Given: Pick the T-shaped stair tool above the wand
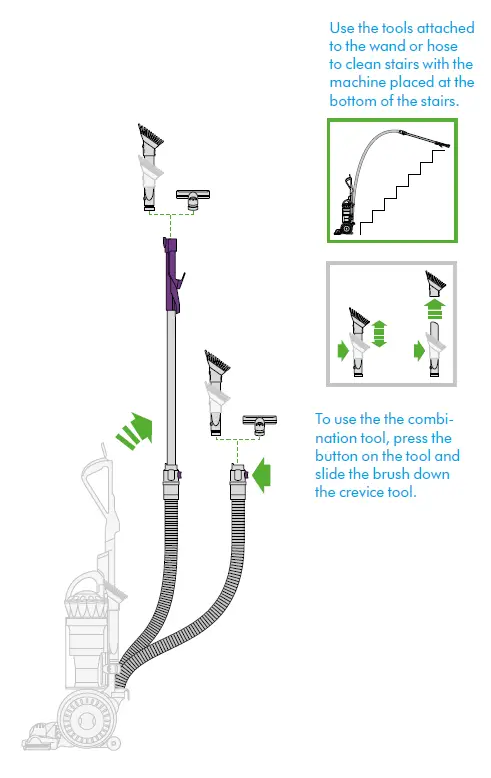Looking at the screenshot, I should [189, 198].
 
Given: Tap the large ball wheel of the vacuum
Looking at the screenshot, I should [88, 720].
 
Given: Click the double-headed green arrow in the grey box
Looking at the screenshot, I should [379, 332].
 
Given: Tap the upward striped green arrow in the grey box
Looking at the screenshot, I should [435, 309].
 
